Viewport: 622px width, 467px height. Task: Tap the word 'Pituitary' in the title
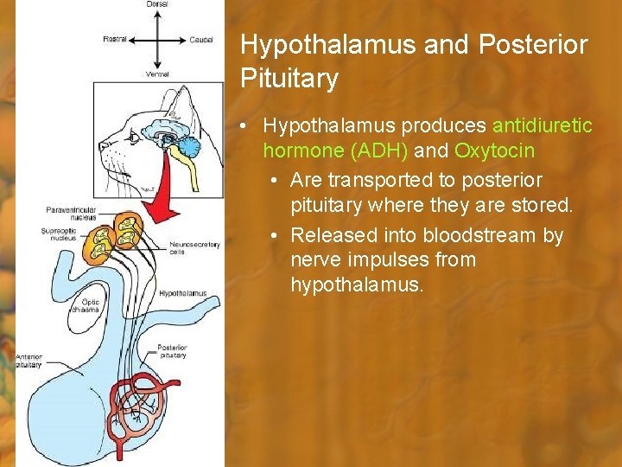tap(289, 80)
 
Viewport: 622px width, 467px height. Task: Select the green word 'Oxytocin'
tap(494, 150)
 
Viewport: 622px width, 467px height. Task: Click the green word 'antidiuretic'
tap(542, 126)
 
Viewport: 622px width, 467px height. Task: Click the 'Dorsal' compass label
tap(157, 4)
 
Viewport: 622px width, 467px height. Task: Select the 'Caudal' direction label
tap(200, 39)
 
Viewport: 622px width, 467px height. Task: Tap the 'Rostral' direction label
tap(115, 39)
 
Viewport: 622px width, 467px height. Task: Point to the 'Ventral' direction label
tap(157, 74)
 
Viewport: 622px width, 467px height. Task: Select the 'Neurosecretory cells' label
tap(194, 248)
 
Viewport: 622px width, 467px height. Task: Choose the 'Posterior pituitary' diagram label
tap(172, 351)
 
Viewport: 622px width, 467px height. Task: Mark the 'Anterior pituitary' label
tap(28, 361)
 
